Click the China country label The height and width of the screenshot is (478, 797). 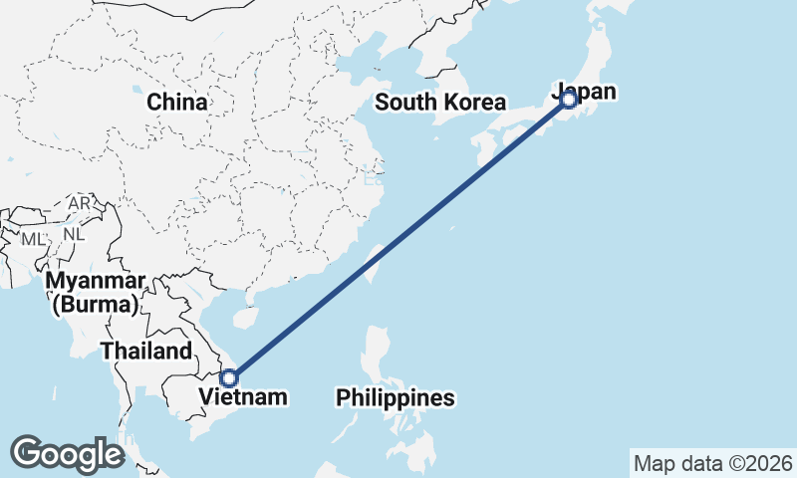[177, 102]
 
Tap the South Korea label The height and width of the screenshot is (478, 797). [440, 102]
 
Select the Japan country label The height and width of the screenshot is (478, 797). [585, 92]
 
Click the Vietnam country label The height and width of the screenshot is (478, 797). [243, 397]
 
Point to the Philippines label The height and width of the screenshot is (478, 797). [396, 398]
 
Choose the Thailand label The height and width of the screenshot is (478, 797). [145, 351]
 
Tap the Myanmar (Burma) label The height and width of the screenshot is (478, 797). [96, 292]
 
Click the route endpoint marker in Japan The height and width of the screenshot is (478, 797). [568, 100]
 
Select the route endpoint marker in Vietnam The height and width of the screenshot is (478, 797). [229, 377]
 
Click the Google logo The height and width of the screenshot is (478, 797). [67, 453]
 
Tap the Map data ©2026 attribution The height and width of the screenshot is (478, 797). [713, 463]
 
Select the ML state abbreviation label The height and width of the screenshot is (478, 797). [33, 239]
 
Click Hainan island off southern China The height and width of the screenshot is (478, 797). [241, 317]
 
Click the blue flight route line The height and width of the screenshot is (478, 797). [398, 239]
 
